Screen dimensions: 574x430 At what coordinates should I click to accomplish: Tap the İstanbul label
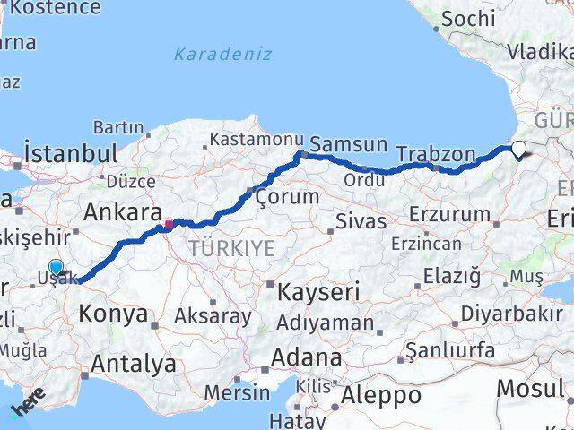tap(72, 152)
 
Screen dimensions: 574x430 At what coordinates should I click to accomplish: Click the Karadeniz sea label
tap(222, 54)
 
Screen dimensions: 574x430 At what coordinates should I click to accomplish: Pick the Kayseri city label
tap(318, 291)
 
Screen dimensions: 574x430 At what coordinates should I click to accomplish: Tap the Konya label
tap(113, 314)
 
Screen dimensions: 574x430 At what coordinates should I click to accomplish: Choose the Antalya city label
tap(133, 364)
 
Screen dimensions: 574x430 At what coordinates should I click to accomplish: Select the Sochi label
tap(467, 18)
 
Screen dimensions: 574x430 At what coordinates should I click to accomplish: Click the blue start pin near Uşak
tap(56, 267)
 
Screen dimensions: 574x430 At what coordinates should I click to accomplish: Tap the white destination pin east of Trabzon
tap(519, 149)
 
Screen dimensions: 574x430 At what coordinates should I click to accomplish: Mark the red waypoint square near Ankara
tap(169, 223)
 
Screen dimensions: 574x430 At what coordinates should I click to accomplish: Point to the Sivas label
tap(360, 220)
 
